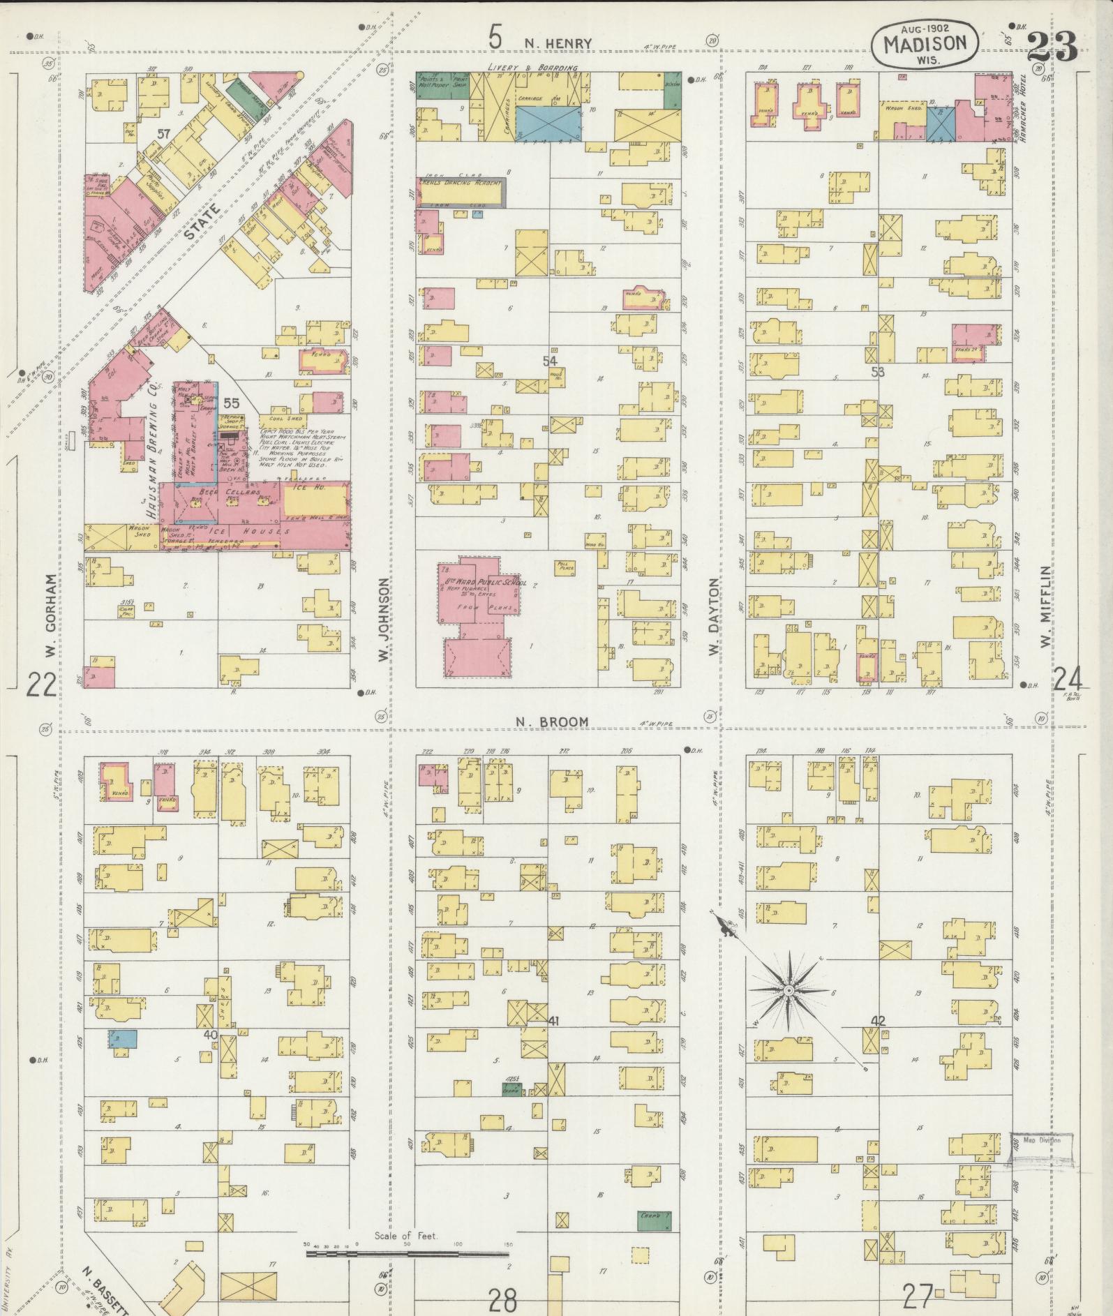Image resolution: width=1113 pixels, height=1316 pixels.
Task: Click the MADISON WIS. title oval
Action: point(925,43)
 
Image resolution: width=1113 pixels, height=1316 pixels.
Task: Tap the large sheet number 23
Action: point(1052,47)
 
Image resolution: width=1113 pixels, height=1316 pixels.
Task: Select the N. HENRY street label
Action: point(558,43)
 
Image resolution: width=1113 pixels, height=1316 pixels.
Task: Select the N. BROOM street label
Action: point(552,721)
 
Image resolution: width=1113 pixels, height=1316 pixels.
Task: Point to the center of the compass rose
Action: point(788,990)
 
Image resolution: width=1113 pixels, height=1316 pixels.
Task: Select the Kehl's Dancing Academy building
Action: point(461,191)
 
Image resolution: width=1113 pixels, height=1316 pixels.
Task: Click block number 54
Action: point(550,361)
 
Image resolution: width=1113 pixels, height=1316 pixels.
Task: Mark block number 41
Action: point(555,1020)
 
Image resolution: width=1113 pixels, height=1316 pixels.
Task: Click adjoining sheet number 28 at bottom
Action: point(502,1299)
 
